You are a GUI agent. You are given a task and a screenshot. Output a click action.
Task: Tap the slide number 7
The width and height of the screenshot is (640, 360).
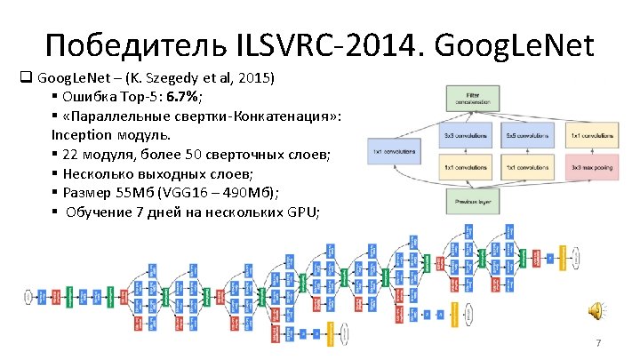(598, 343)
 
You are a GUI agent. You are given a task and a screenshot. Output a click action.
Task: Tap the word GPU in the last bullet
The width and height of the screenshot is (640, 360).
(302, 211)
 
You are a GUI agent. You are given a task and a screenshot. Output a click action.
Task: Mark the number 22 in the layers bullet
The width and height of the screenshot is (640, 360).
(72, 155)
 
